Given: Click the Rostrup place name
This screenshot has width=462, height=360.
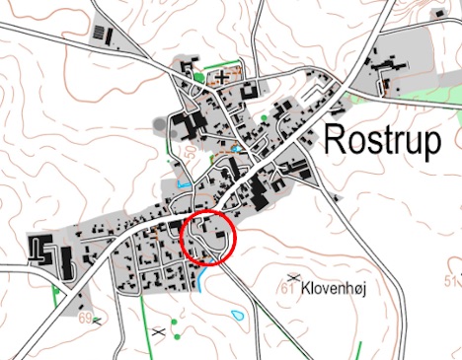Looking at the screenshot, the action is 381,141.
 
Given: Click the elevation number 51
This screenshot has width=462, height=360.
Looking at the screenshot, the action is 454,286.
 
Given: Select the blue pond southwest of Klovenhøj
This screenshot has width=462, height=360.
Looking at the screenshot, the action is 238,317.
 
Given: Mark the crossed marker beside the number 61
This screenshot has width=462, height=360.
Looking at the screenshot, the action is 292,275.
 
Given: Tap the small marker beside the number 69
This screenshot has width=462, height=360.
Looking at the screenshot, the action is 97,318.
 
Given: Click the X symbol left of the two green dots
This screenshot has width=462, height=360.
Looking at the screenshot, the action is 158,333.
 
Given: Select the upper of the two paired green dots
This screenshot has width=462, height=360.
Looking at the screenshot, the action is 174,322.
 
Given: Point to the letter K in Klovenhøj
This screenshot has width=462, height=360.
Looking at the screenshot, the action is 309,292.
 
